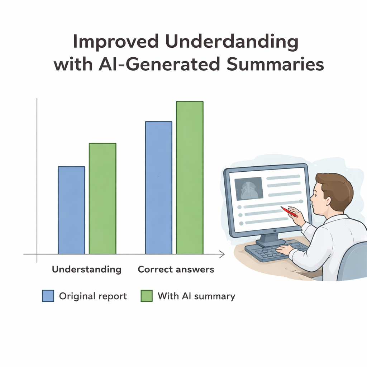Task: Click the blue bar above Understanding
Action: [x=71, y=210]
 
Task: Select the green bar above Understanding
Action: [x=103, y=199]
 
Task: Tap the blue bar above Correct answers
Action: [x=159, y=188]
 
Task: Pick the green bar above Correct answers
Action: [x=190, y=178]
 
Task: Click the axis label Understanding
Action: [x=87, y=270]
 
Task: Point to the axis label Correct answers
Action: [x=176, y=270]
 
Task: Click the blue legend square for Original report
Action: [x=48, y=296]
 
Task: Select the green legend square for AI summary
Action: [x=147, y=296]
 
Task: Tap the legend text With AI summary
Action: [x=196, y=296]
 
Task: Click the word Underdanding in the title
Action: [x=232, y=42]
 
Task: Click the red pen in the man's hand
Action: [x=289, y=212]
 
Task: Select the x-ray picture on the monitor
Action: [x=249, y=189]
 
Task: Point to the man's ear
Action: [x=328, y=200]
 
